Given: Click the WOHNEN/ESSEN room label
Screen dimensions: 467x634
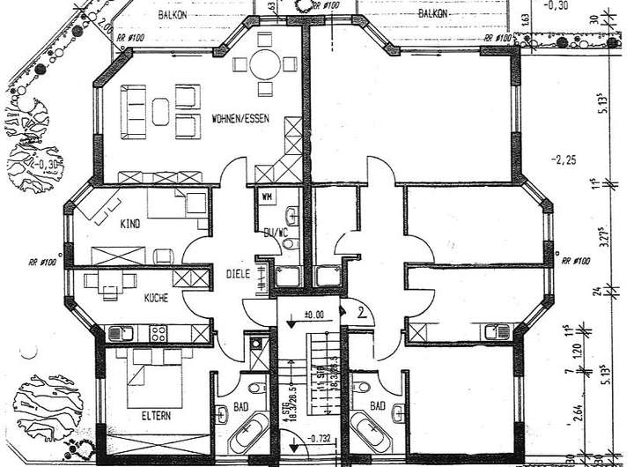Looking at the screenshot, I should pyautogui.click(x=240, y=118).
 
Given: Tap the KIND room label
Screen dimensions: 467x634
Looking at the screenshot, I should pyautogui.click(x=131, y=224).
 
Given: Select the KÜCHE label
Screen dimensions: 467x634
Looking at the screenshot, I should pyautogui.click(x=156, y=299).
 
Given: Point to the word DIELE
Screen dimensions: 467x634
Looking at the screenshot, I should pyautogui.click(x=239, y=274).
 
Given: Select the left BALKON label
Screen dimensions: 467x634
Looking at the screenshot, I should pyautogui.click(x=172, y=16).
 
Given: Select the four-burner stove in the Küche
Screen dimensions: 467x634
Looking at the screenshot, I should pyautogui.click(x=159, y=334).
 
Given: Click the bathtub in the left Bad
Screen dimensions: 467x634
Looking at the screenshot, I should pyautogui.click(x=247, y=435).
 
